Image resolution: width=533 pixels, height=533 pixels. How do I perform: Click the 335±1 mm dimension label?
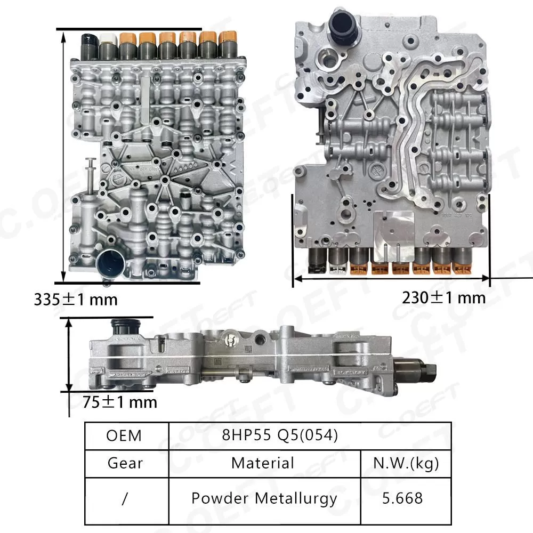click(x=75, y=299)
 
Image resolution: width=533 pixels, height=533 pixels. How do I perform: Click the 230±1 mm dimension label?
click(x=443, y=297)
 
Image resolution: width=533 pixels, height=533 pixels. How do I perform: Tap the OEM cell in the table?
click(x=124, y=435)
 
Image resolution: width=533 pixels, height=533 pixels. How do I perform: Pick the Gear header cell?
click(x=124, y=463)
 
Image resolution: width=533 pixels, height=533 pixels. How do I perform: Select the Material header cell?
click(x=262, y=463)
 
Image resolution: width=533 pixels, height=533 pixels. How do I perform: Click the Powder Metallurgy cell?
click(x=264, y=498)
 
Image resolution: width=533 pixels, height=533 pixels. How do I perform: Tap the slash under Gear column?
click(x=124, y=498)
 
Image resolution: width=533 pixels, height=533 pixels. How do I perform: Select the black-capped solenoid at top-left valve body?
click(x=87, y=46)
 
